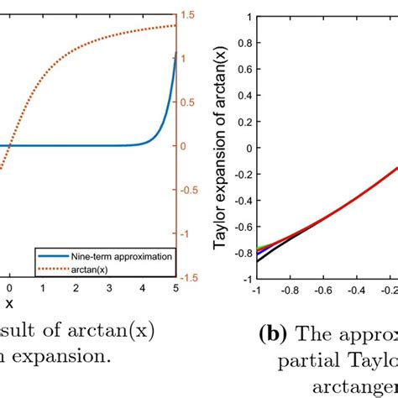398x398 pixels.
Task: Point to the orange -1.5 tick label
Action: (x=191, y=277)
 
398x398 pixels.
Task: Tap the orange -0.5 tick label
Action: (x=191, y=190)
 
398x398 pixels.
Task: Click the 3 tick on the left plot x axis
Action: (x=107, y=288)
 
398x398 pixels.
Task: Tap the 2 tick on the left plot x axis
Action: (x=75, y=288)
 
